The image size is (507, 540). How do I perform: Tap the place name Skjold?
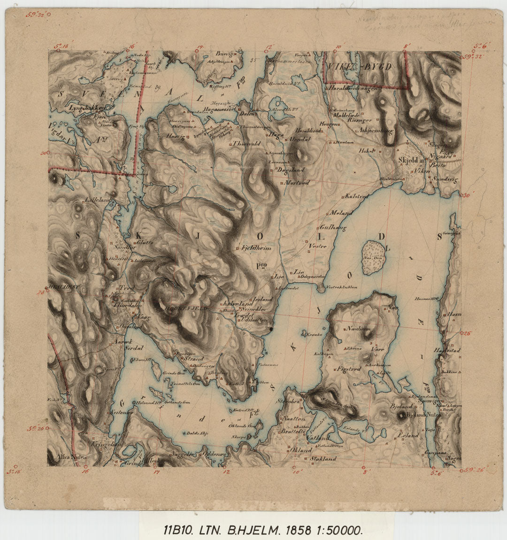click(407, 161)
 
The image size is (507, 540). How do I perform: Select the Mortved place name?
click(297, 182)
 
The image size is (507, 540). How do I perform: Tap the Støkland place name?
click(320, 458)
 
